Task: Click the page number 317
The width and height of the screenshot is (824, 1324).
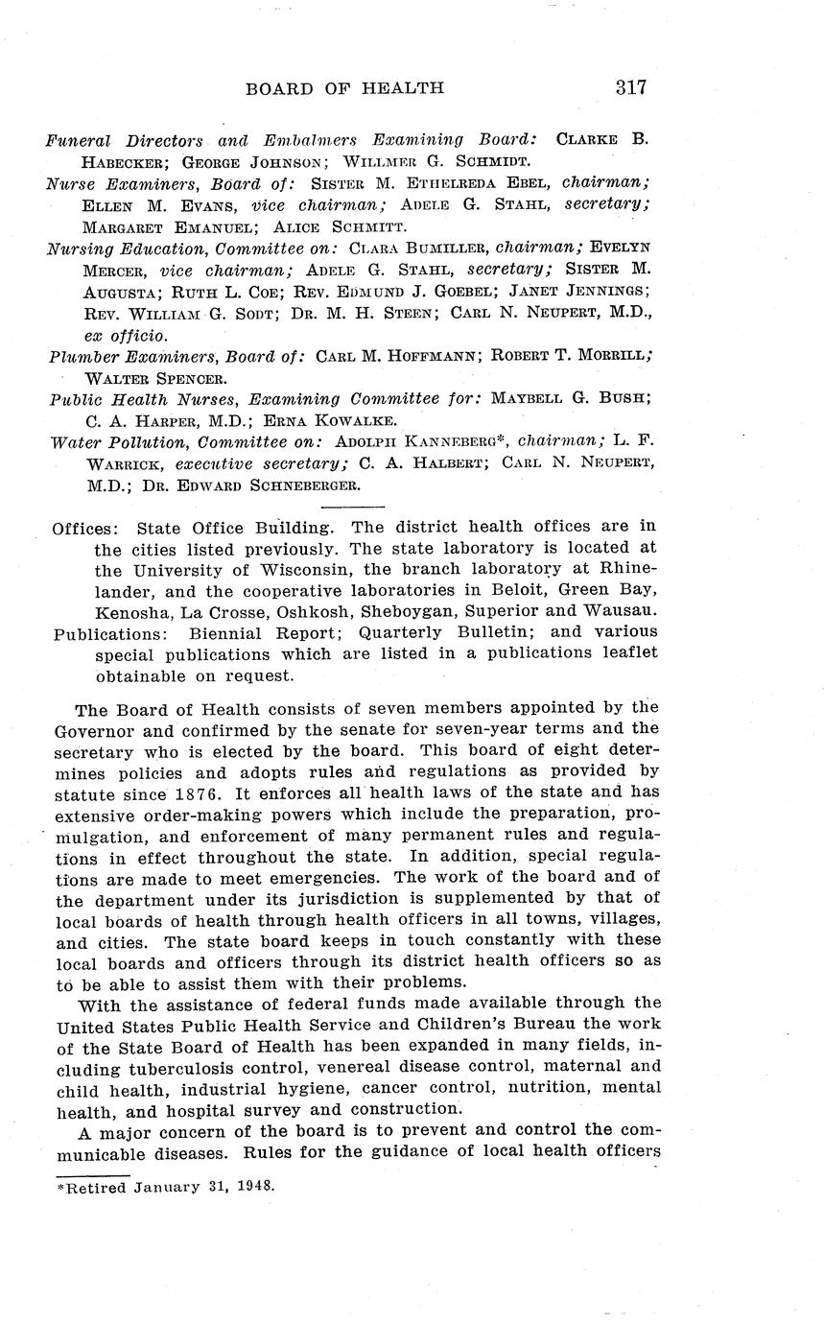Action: click(630, 87)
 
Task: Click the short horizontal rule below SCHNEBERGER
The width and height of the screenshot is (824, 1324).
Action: click(351, 507)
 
